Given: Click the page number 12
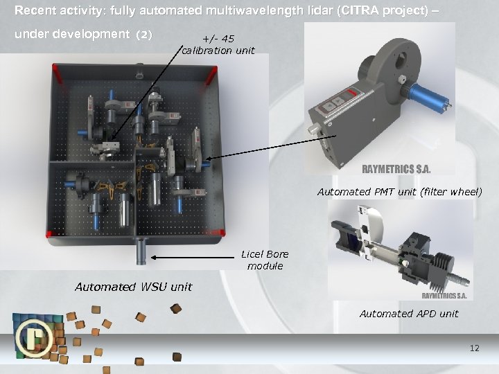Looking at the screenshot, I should coord(474,348).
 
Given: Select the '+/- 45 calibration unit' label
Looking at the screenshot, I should coord(218,45).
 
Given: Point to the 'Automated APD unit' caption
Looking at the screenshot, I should coord(409,314).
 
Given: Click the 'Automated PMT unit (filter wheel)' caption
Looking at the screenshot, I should coord(399,192).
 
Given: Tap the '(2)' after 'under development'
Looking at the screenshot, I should coord(144,34).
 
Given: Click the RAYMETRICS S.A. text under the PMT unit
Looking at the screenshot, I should coord(396,168).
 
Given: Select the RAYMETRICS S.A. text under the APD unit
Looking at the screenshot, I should coord(444,295).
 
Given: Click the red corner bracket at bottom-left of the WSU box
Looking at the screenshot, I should coord(50,232).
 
